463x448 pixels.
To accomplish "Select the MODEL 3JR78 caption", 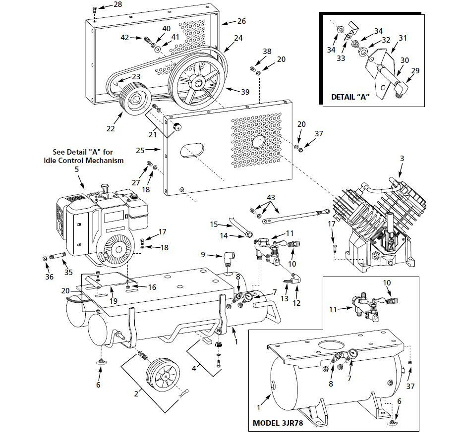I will coord(278,423).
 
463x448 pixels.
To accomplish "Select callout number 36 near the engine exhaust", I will coord(50,277).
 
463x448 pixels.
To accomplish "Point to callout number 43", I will coord(270,198).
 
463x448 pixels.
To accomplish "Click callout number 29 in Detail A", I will coord(415,71).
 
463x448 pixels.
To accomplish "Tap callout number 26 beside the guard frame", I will coord(241,21).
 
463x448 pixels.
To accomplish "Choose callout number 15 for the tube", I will coord(214,224).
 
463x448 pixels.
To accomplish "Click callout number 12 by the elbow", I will coord(297,303).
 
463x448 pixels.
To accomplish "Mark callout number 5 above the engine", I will coord(77,169).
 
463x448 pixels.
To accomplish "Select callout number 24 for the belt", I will coord(238,38).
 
